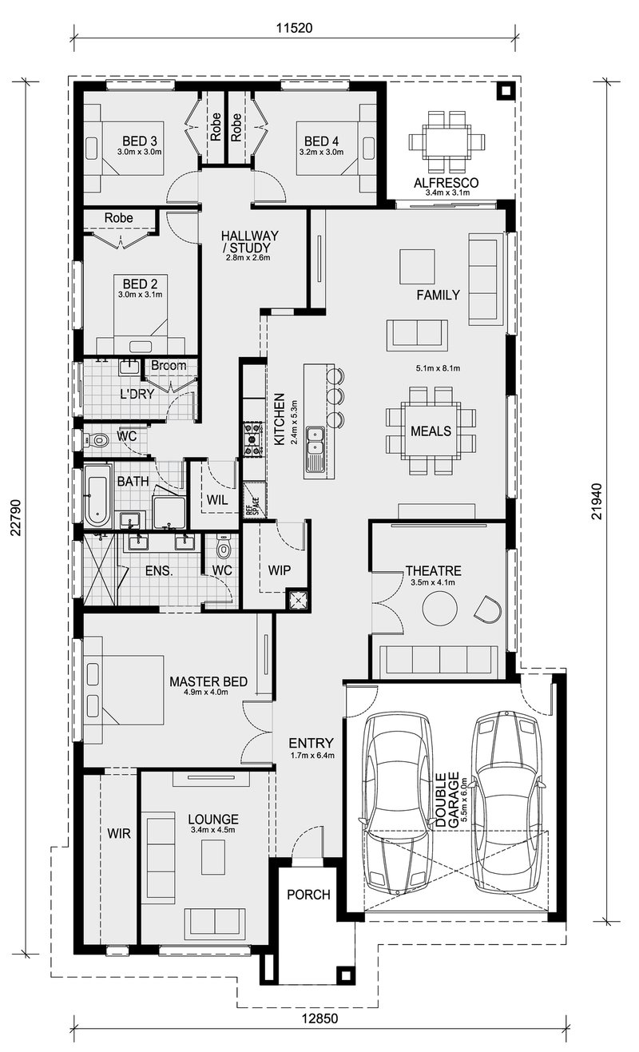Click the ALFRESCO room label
coord(447,183)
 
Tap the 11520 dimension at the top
coord(293,27)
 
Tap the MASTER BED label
coord(208,681)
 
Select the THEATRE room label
coord(433,571)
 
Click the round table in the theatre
coord(439,611)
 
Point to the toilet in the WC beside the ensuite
coord(223,549)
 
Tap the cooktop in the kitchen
coord(254,439)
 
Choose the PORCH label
coord(308,895)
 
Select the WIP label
coord(279,570)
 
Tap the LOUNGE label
coord(213,820)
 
